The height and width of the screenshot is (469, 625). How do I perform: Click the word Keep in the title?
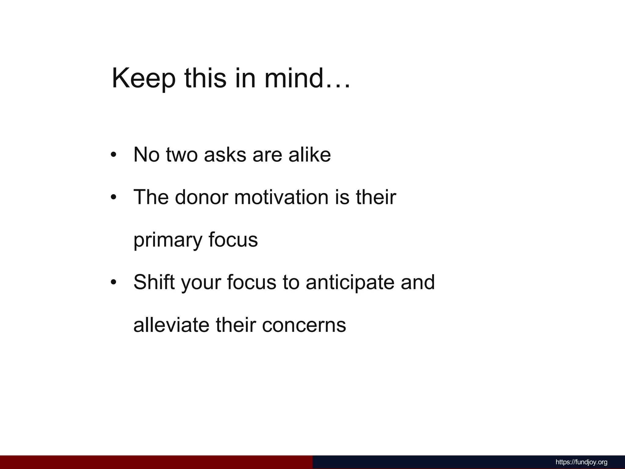(x=144, y=79)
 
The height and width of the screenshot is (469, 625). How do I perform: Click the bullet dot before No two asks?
(x=114, y=155)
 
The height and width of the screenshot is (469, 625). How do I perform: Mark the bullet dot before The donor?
(x=114, y=197)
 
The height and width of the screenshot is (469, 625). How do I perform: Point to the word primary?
(x=168, y=241)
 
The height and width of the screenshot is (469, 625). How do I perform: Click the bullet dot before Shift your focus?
(x=114, y=282)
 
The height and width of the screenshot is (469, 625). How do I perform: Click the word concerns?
(x=304, y=325)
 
